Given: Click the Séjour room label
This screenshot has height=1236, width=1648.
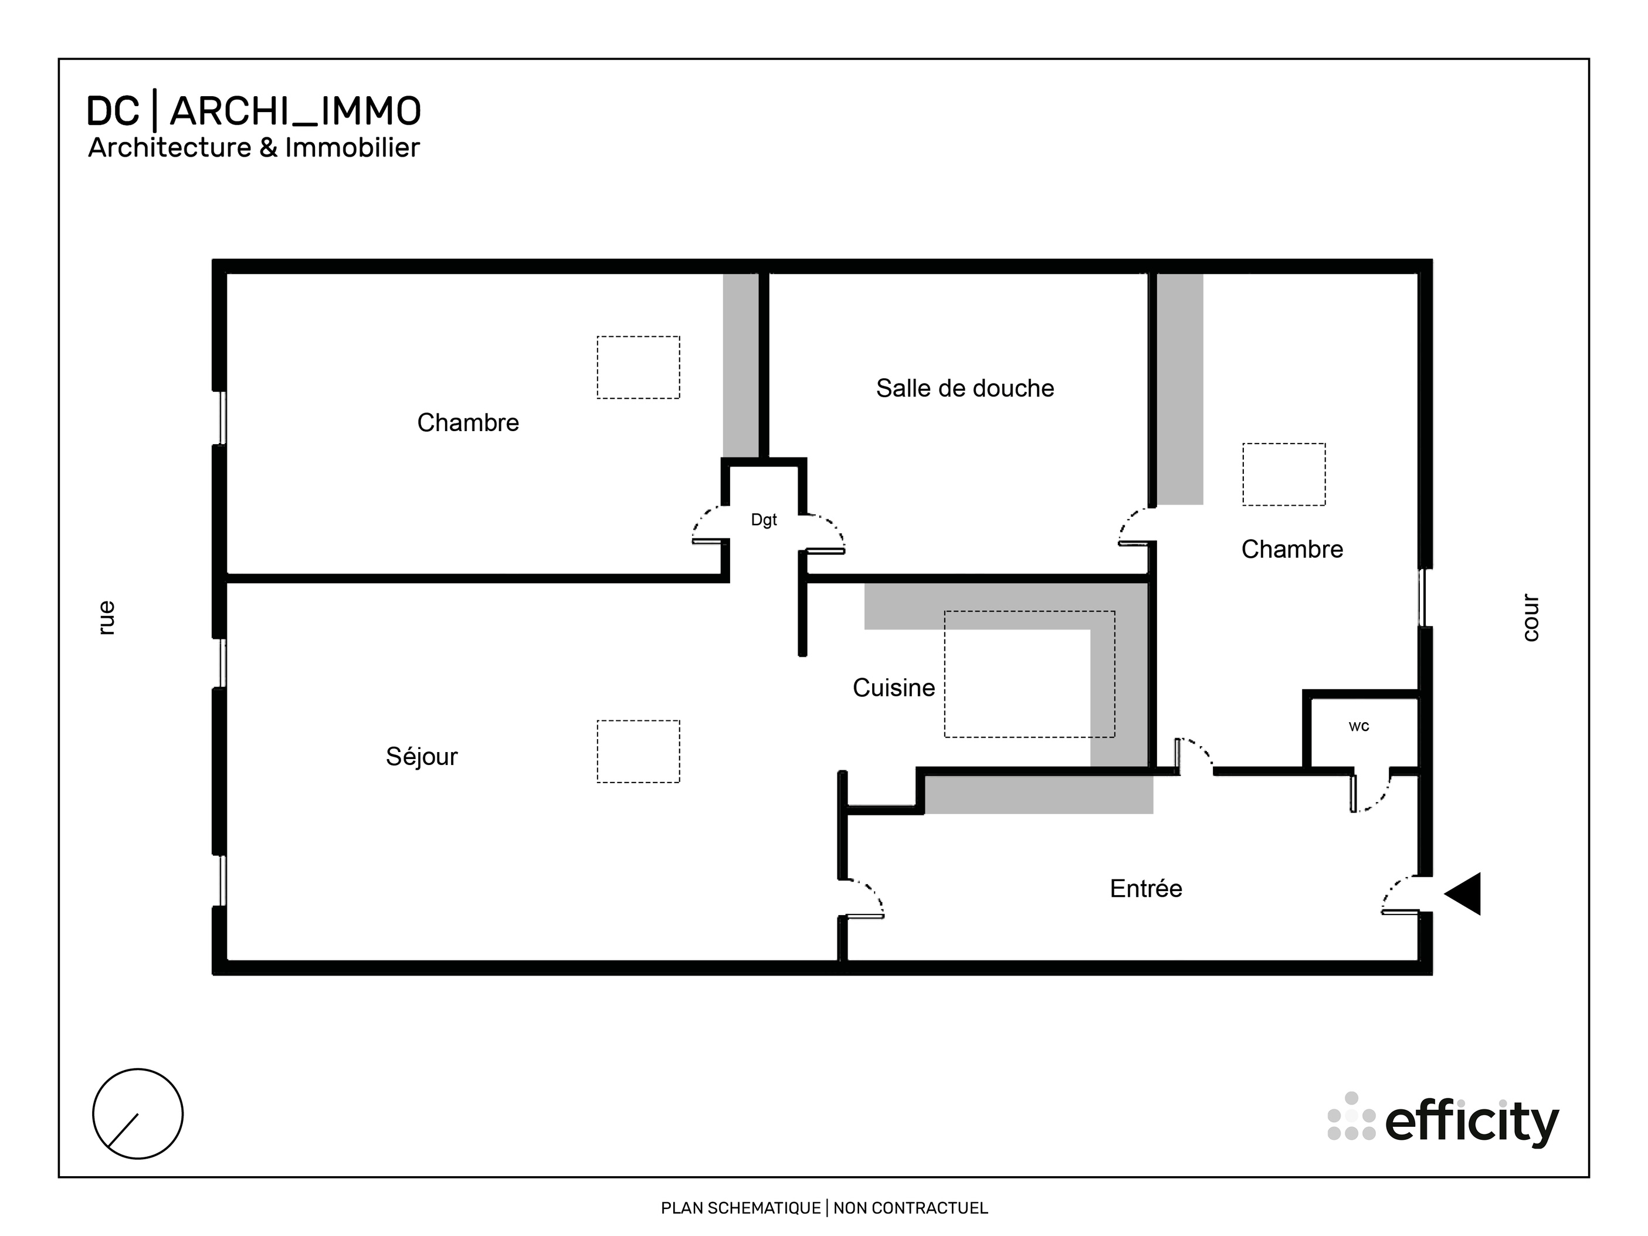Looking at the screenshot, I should pyautogui.click(x=422, y=757).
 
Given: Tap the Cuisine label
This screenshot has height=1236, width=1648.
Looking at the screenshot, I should pyautogui.click(x=893, y=688).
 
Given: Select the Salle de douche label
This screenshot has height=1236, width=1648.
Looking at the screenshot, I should pyautogui.click(x=965, y=388).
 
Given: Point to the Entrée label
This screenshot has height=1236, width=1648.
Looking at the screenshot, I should pyautogui.click(x=1146, y=889).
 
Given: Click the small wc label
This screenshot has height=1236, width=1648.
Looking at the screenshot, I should pyautogui.click(x=1358, y=726).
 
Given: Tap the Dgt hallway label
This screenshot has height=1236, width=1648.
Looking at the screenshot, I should pyautogui.click(x=764, y=520).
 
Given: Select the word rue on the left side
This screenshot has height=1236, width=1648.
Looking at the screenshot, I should pyautogui.click(x=107, y=618).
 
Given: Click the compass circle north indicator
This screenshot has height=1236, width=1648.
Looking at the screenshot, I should pyautogui.click(x=138, y=1114).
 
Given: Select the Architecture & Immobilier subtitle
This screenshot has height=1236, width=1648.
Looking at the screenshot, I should pyautogui.click(x=253, y=147).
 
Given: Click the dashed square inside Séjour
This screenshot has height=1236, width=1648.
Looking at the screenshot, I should pyautogui.click(x=638, y=751).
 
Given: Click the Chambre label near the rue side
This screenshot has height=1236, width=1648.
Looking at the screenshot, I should pyautogui.click(x=468, y=423).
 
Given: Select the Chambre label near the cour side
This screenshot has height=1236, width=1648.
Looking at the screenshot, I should pyautogui.click(x=1292, y=550).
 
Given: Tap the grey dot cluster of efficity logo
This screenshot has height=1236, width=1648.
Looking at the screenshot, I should pyautogui.click(x=1351, y=1117).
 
